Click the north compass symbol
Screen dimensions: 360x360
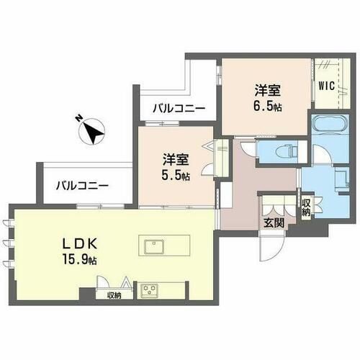[x=91, y=131]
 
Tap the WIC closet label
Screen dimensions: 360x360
[x=327, y=86]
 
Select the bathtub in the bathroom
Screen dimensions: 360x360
[x=330, y=123]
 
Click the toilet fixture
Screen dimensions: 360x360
[x=287, y=151]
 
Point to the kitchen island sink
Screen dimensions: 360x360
[x=154, y=247]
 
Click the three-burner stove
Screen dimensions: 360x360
[x=149, y=290]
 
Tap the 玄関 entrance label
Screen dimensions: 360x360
[x=274, y=223]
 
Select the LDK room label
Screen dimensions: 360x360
[x=80, y=244]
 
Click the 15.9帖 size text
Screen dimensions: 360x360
[x=79, y=259]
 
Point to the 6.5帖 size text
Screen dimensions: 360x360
[x=268, y=106]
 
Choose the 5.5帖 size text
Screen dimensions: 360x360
[x=176, y=176]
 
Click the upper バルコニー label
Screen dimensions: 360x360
[x=179, y=109]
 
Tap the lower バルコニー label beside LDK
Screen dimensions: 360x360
[x=82, y=186]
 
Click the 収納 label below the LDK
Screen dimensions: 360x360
[x=114, y=296]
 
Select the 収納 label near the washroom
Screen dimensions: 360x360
[x=306, y=207]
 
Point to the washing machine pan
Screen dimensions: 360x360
[x=341, y=178]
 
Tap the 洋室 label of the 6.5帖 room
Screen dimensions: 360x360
[x=268, y=91]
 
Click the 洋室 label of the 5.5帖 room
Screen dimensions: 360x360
[x=176, y=160]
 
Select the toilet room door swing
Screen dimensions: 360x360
[x=248, y=148]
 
